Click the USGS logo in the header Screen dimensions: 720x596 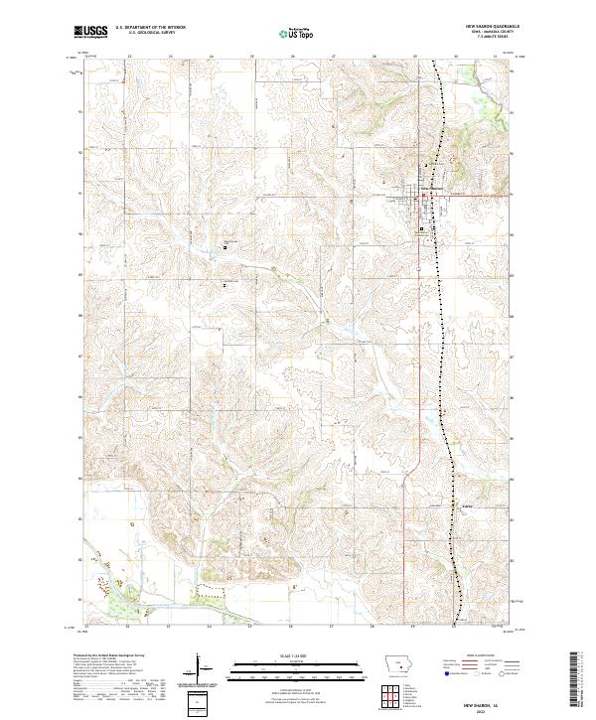click(x=91, y=32)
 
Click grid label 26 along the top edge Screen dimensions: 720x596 click(x=292, y=57)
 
